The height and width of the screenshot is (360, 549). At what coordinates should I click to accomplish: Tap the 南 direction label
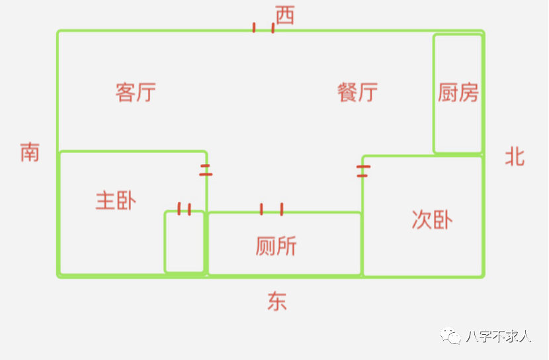[30, 152]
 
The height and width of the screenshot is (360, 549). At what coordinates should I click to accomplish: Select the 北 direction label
[515, 157]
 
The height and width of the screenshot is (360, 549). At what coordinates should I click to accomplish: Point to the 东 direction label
[277, 302]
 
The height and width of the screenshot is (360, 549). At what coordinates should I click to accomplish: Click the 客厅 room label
[136, 92]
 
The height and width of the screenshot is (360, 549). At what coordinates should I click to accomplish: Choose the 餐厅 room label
[357, 92]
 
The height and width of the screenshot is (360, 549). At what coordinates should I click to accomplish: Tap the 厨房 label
[458, 93]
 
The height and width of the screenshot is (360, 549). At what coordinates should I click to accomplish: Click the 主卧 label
[116, 200]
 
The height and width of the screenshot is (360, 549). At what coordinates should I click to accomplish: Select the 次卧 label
[432, 220]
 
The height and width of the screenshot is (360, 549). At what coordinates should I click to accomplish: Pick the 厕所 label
[276, 246]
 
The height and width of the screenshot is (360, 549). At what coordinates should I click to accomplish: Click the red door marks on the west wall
[263, 28]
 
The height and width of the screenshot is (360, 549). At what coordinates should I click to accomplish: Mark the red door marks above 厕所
[271, 209]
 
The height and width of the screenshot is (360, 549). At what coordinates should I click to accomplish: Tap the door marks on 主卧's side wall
[206, 170]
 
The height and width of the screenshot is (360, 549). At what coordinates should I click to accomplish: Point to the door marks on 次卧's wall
[362, 171]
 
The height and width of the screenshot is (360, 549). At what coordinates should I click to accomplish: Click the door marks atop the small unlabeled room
[185, 209]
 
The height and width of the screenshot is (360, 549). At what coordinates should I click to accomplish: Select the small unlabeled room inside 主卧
[185, 242]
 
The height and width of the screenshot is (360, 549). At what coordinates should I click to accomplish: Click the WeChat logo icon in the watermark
[453, 337]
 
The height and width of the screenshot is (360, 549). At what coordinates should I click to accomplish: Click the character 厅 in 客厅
[146, 92]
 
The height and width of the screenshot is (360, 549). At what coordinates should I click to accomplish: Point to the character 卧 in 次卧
[443, 220]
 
